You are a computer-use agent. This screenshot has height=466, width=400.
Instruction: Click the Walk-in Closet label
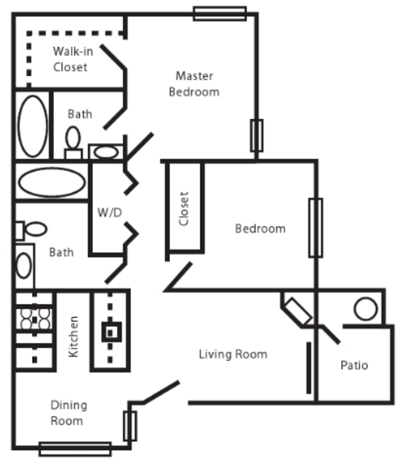coord(73,59)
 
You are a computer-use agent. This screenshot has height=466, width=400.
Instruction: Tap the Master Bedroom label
coord(194,84)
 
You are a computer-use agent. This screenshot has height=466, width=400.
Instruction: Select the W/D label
coord(110,213)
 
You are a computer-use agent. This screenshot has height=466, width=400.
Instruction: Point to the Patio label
coord(355,365)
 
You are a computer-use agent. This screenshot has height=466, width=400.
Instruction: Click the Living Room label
coord(233,354)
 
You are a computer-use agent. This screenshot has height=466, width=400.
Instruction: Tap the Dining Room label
coord(69,413)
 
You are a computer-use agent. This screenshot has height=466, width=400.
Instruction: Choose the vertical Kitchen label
coord(73,336)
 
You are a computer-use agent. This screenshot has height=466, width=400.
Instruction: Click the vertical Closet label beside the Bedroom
coord(184,209)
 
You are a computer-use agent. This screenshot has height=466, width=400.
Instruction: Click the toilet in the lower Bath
coord(31,230)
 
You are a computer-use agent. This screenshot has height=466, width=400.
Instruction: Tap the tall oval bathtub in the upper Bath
coord(33,126)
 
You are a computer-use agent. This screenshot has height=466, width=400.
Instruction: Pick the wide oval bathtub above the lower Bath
coord(52,182)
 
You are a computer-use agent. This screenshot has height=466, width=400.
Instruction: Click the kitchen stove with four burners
coord(35,320)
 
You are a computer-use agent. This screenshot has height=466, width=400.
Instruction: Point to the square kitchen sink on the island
coord(112,332)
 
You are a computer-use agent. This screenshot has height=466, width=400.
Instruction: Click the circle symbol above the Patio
coord(365,309)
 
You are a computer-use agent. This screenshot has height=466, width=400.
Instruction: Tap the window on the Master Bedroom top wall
coord(220,13)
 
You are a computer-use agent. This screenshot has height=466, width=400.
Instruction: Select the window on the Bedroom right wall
coord(316,227)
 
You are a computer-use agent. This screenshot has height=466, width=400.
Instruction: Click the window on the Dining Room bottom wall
coord(75,449)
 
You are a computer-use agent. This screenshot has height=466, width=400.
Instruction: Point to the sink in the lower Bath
coord(24,265)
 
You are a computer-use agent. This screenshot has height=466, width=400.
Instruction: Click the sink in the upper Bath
coord(106,152)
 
